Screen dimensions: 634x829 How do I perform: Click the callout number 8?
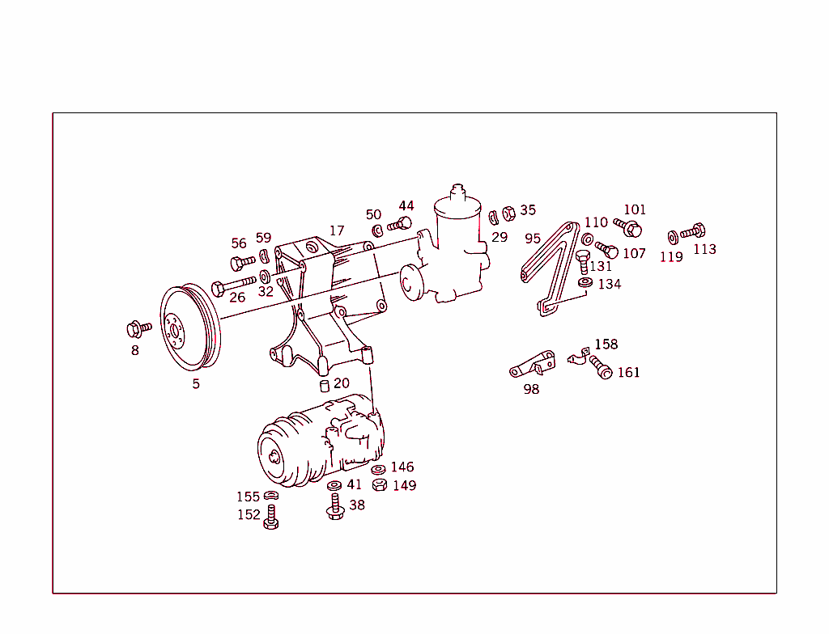(x=135, y=350)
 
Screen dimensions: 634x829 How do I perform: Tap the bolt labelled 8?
(x=138, y=328)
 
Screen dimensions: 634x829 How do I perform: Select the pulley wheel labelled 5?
(x=188, y=328)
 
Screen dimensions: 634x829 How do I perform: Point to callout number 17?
(x=337, y=230)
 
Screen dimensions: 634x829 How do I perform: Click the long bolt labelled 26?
(x=234, y=285)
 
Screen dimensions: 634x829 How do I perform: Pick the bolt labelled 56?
(x=242, y=262)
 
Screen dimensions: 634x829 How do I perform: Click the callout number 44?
(x=406, y=205)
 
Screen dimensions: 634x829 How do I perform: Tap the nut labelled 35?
(x=509, y=213)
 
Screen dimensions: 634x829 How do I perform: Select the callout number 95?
(x=532, y=239)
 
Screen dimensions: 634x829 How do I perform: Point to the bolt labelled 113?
(x=694, y=231)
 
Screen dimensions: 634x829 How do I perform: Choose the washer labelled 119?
(x=673, y=237)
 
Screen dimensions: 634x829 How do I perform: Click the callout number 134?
(x=609, y=284)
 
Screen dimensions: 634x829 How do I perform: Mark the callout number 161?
(x=628, y=372)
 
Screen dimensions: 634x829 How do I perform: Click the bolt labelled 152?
(x=271, y=517)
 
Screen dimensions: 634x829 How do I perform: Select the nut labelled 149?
(x=379, y=485)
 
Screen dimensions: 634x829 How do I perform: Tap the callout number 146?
(x=402, y=467)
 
